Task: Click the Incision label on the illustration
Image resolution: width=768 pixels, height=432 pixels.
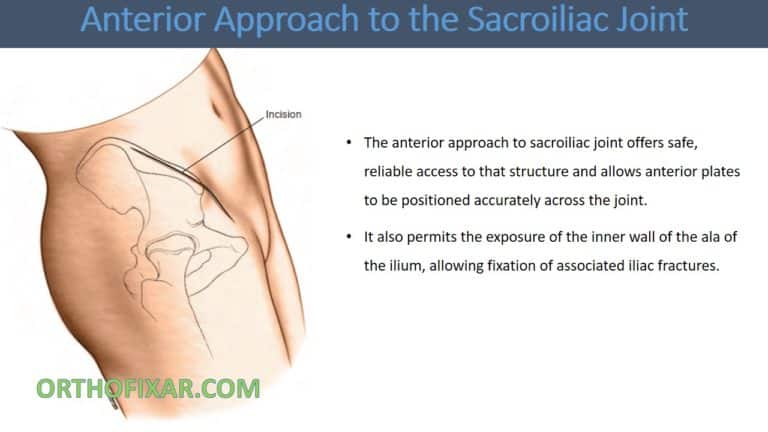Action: (283, 115)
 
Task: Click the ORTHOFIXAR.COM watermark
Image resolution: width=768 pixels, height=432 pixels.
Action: (148, 388)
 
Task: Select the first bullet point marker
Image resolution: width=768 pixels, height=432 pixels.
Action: (347, 145)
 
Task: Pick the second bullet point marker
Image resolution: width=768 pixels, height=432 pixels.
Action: (347, 238)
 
